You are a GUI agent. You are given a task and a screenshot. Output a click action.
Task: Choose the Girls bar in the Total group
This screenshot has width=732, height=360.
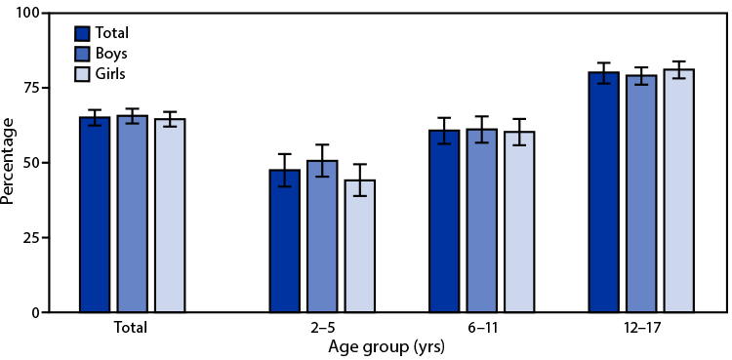[170, 216]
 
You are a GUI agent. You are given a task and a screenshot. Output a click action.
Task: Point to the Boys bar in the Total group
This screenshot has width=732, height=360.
[132, 214]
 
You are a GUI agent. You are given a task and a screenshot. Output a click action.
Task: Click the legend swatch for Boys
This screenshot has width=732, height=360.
[84, 53]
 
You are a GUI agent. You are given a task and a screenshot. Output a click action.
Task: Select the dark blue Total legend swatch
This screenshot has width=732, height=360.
[84, 32]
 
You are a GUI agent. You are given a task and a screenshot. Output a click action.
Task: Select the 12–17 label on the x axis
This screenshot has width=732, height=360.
[640, 328]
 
